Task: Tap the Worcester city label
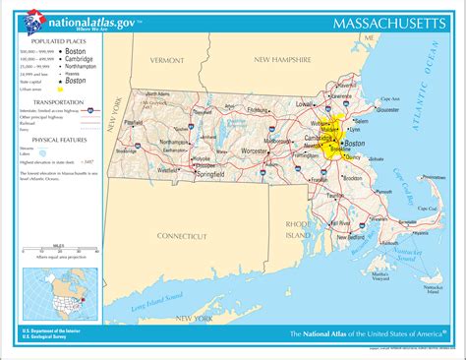[x=254, y=150]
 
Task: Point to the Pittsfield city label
[x=134, y=123]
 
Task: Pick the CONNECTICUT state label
[x=188, y=236]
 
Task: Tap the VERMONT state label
[x=166, y=60]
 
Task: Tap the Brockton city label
[x=352, y=178]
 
